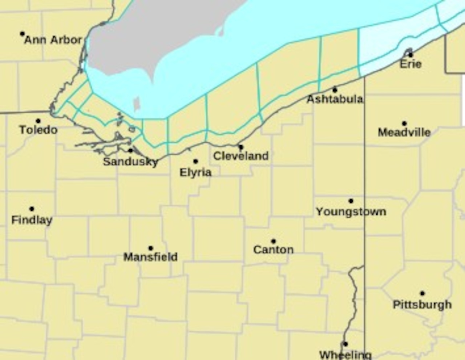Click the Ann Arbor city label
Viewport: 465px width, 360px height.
point(53,40)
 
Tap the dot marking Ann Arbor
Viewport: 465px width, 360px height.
point(23,34)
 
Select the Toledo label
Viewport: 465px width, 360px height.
point(38,130)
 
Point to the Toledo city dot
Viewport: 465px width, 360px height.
point(38,121)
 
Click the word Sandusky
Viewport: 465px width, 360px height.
point(130,162)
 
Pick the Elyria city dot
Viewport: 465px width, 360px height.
point(195,161)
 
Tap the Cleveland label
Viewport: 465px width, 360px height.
point(241,156)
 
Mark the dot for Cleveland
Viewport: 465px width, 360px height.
point(241,147)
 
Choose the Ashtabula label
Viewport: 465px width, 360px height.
point(335,99)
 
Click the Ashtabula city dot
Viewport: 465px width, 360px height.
point(335,90)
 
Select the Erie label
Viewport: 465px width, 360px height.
point(411,64)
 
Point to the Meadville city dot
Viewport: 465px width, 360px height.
point(404,124)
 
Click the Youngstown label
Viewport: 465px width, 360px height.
point(351,211)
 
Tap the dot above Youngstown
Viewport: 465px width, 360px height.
point(351,201)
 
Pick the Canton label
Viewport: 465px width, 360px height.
point(273,250)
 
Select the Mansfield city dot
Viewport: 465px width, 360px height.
point(151,248)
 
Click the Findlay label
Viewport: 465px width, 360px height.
point(32,220)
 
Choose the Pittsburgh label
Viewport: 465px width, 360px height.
point(422,304)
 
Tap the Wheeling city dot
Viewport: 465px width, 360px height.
point(345,344)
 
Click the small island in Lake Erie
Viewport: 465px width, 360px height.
point(137,104)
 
